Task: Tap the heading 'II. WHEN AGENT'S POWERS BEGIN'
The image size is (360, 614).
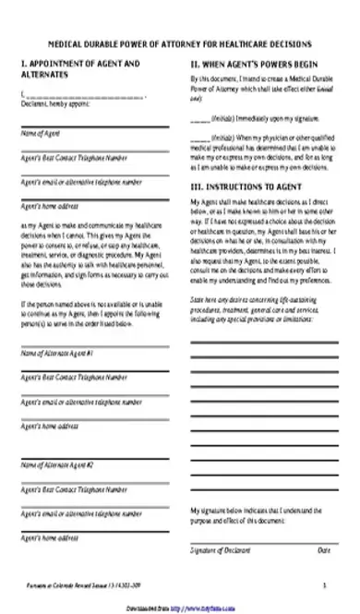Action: pyautogui.click(x=253, y=65)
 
